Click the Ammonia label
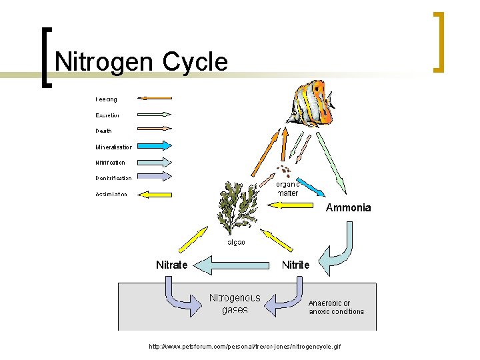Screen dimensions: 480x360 [348, 208]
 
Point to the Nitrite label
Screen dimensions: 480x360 [295, 265]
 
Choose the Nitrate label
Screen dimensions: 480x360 [171, 265]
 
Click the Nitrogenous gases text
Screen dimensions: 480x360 [235, 303]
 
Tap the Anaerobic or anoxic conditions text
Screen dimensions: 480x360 [336, 307]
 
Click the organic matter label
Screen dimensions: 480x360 [288, 189]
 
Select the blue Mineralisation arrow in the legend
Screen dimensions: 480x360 [155, 146]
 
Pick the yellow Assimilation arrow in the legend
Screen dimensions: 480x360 [155, 195]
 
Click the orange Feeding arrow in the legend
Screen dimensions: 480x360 [155, 99]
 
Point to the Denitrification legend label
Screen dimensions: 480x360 [113, 178]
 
